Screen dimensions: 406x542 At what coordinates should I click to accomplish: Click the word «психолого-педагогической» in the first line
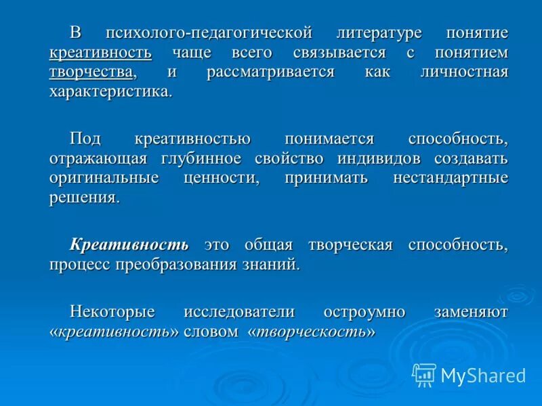click(x=209, y=33)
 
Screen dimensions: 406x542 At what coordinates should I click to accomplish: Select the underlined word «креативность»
click(x=100, y=53)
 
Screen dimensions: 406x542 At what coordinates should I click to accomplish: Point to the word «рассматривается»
click(x=271, y=72)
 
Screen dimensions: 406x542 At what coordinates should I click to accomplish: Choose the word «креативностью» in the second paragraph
click(x=193, y=139)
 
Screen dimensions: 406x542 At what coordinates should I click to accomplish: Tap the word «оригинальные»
click(x=104, y=178)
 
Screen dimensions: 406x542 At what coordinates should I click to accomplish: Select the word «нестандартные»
click(x=451, y=178)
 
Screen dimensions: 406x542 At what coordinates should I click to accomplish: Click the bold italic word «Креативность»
click(x=129, y=244)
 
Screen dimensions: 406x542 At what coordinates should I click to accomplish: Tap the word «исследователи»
click(x=239, y=311)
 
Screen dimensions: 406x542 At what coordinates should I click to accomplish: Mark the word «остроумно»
click(x=364, y=311)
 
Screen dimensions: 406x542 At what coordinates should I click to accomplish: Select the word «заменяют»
click(x=471, y=311)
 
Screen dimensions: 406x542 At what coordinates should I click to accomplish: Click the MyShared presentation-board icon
click(x=424, y=375)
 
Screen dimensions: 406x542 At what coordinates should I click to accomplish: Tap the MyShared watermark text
click(x=483, y=376)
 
